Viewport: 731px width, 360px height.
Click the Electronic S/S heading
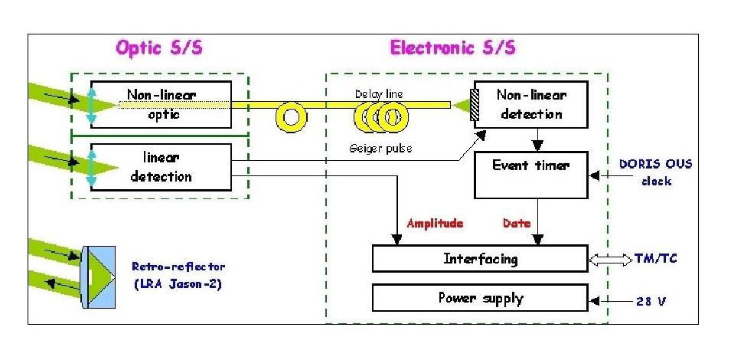tap(453, 47)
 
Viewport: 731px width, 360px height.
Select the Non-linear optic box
tap(160, 105)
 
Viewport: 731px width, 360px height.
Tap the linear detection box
tap(160, 166)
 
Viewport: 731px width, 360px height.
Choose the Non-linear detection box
tap(530, 105)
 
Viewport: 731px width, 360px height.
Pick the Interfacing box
tap(480, 258)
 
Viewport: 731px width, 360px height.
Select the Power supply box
tap(480, 297)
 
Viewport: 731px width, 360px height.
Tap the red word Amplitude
tap(436, 224)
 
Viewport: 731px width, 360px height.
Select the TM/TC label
tap(655, 258)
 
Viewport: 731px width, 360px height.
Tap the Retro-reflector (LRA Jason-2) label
tap(170, 274)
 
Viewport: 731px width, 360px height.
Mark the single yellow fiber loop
tap(291, 116)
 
